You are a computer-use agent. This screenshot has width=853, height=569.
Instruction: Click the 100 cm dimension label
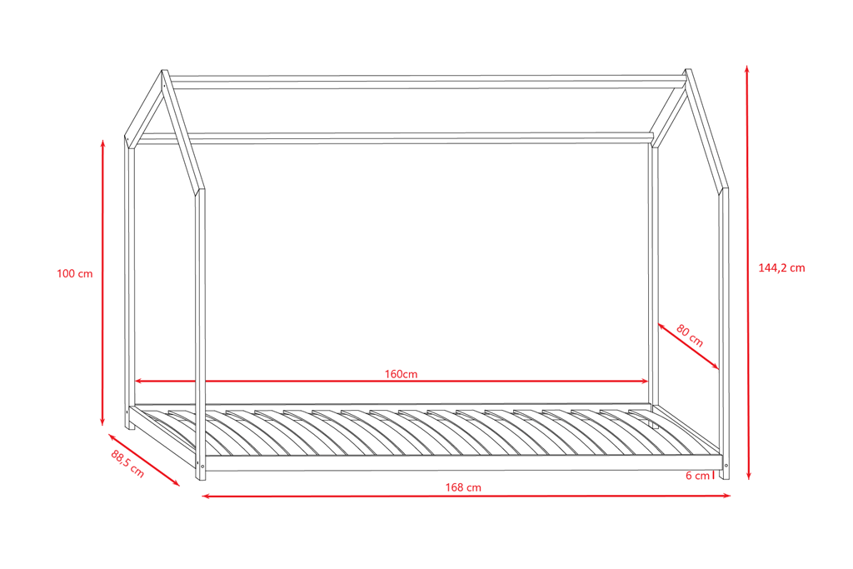tap(74, 274)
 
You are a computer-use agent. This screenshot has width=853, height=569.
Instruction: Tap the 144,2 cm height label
tap(781, 268)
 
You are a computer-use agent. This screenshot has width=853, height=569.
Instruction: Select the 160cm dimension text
tap(401, 374)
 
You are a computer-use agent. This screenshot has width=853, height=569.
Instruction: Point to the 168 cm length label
tap(464, 487)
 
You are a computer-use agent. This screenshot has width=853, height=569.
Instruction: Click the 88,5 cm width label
tap(127, 464)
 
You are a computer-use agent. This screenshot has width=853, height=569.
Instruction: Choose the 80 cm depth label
tap(690, 335)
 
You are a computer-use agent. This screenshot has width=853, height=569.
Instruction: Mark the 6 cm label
tap(697, 476)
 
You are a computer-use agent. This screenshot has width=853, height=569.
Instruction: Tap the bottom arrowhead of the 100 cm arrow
tap(102, 422)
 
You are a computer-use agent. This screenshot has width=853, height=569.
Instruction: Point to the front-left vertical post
tap(200, 333)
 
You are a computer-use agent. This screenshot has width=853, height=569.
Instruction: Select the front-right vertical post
tap(724, 333)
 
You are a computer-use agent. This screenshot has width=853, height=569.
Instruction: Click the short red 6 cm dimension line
tap(714, 476)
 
